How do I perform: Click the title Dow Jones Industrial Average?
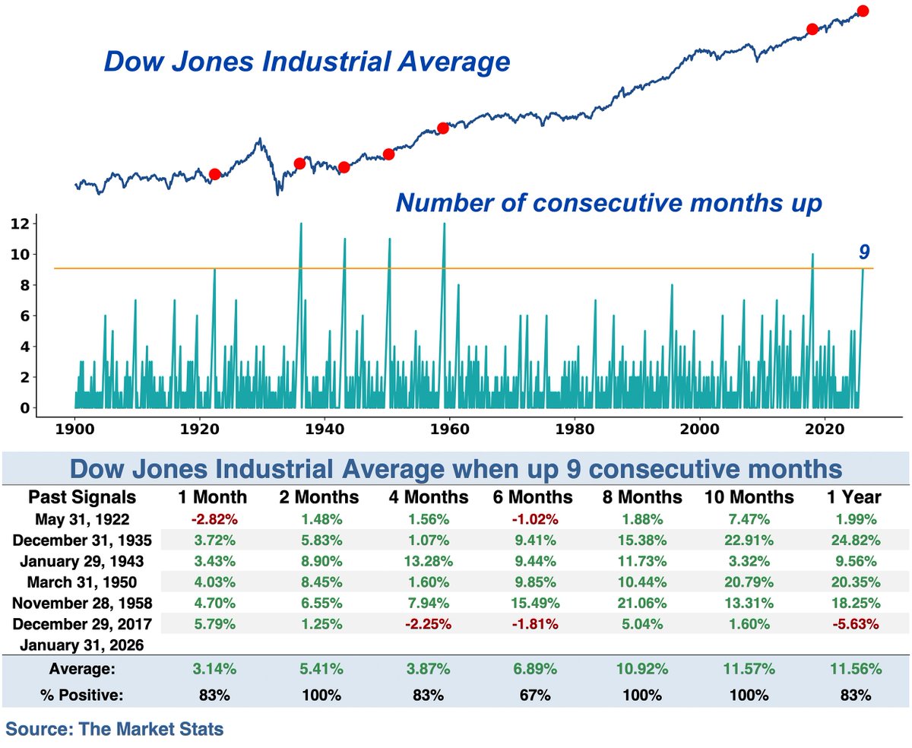[306, 62]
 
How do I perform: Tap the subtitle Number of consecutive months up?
[608, 203]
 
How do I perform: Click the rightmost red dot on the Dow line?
[863, 11]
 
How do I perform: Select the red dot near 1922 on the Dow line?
[214, 174]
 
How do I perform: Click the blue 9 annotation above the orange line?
[864, 252]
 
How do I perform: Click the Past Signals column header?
[82, 497]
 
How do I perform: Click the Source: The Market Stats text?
[115, 730]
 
